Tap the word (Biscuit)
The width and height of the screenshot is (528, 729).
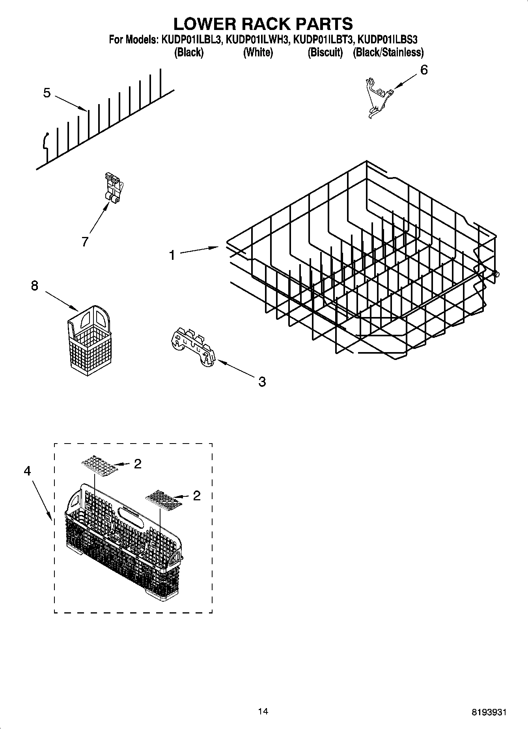pyautogui.click(x=325, y=52)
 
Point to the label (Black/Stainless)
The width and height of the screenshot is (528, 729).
pyautogui.click(x=388, y=52)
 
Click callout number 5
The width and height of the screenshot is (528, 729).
pyautogui.click(x=47, y=93)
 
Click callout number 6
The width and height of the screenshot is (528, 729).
pyautogui.click(x=424, y=70)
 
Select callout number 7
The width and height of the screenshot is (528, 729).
pyautogui.click(x=85, y=241)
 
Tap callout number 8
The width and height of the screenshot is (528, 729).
pyautogui.click(x=35, y=285)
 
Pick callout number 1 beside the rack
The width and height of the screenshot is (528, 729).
pyautogui.click(x=172, y=255)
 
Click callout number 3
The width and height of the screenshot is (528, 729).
pyautogui.click(x=262, y=381)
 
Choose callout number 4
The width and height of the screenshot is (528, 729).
pyautogui.click(x=27, y=471)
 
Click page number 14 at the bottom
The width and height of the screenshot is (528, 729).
pyautogui.click(x=263, y=711)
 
